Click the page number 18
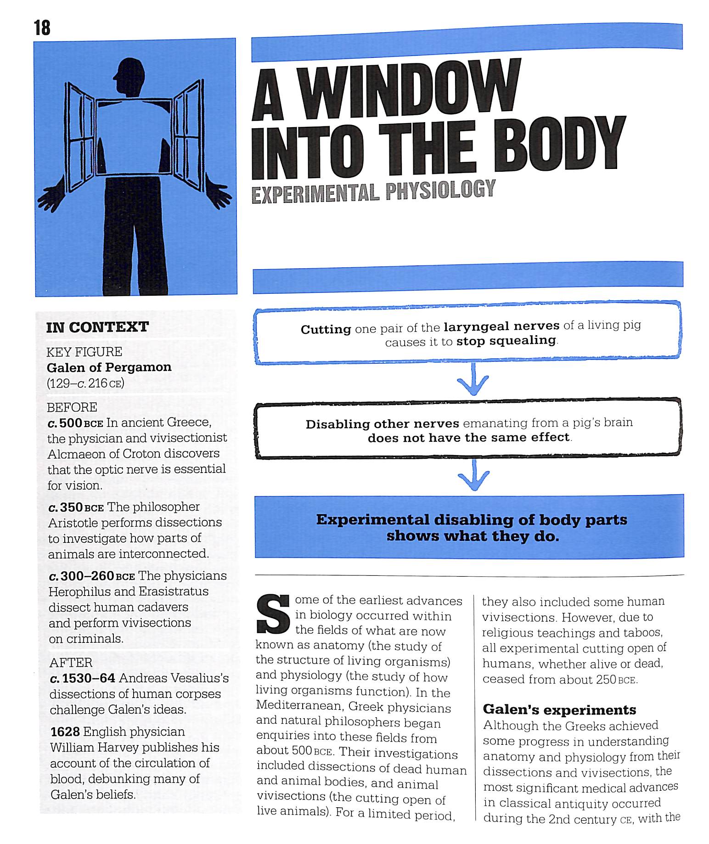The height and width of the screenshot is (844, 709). point(42,28)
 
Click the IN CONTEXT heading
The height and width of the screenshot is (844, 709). point(97,327)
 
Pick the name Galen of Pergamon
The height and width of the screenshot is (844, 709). point(109,367)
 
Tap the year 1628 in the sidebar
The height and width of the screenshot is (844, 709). point(65,731)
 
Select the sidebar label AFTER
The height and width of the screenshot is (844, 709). point(71,662)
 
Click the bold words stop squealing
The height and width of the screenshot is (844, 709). point(506,341)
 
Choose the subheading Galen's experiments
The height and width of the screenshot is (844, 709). point(559,710)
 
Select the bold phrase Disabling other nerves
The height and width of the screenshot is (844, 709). point(382,423)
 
